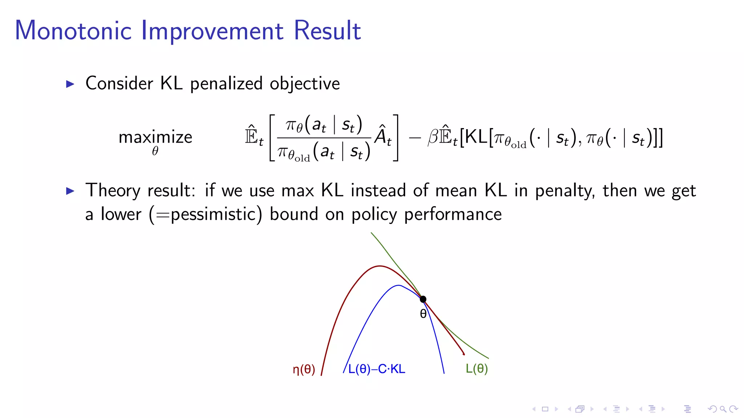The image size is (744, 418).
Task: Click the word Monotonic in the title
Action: pyautogui.click(x=73, y=31)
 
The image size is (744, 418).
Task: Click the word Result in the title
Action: pyautogui.click(x=327, y=31)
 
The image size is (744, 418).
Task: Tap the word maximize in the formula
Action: pyautogui.click(x=155, y=137)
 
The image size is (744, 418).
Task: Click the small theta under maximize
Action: pyautogui.click(x=155, y=151)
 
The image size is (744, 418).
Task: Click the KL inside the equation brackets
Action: pyautogui.click(x=476, y=137)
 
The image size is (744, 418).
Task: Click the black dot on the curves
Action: pyautogui.click(x=423, y=299)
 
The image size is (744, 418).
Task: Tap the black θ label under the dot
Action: pyautogui.click(x=423, y=314)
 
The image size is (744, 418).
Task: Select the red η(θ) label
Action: pyautogui.click(x=304, y=369)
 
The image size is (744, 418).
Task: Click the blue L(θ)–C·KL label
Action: pyautogui.click(x=376, y=369)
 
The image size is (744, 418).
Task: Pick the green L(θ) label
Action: pyautogui.click(x=477, y=369)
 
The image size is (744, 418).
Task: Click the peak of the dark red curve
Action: pyautogui.click(x=380, y=266)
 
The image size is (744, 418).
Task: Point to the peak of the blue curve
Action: pyautogui.click(x=399, y=286)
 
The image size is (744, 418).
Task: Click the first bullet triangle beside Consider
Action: pyautogui.click(x=70, y=84)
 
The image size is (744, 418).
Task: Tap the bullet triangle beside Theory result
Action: pyautogui.click(x=70, y=191)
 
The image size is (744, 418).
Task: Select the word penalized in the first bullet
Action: pyautogui.click(x=226, y=84)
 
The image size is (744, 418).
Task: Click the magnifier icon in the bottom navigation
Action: pyautogui.click(x=723, y=409)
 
